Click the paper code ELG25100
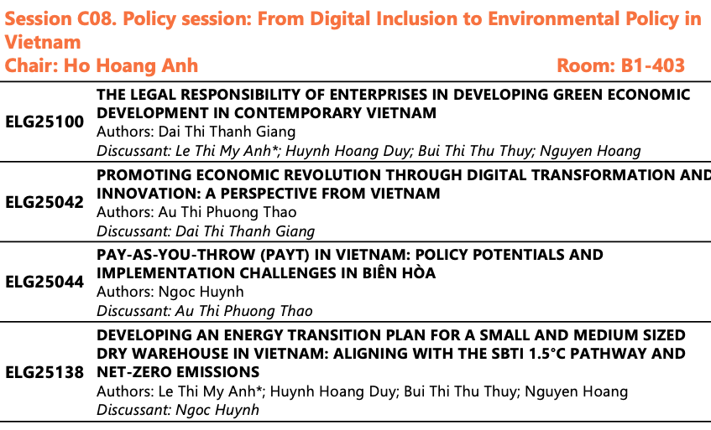pyautogui.click(x=44, y=122)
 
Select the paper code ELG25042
pyautogui.click(x=44, y=202)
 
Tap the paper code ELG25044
pyautogui.click(x=44, y=282)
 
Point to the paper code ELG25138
pyautogui.click(x=44, y=372)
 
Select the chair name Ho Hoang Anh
pyautogui.click(x=131, y=65)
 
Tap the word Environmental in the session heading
pyautogui.click(x=553, y=19)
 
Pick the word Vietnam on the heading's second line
pyautogui.click(x=43, y=43)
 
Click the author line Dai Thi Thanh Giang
pyautogui.click(x=196, y=132)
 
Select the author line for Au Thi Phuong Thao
pyautogui.click(x=196, y=212)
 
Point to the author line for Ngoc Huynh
pyautogui.click(x=170, y=292)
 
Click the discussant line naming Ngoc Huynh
pyautogui.click(x=178, y=410)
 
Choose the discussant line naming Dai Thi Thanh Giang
pyautogui.click(x=206, y=231)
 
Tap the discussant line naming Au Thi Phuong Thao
pyautogui.click(x=205, y=312)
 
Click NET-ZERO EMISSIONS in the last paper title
pyautogui.click(x=178, y=372)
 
